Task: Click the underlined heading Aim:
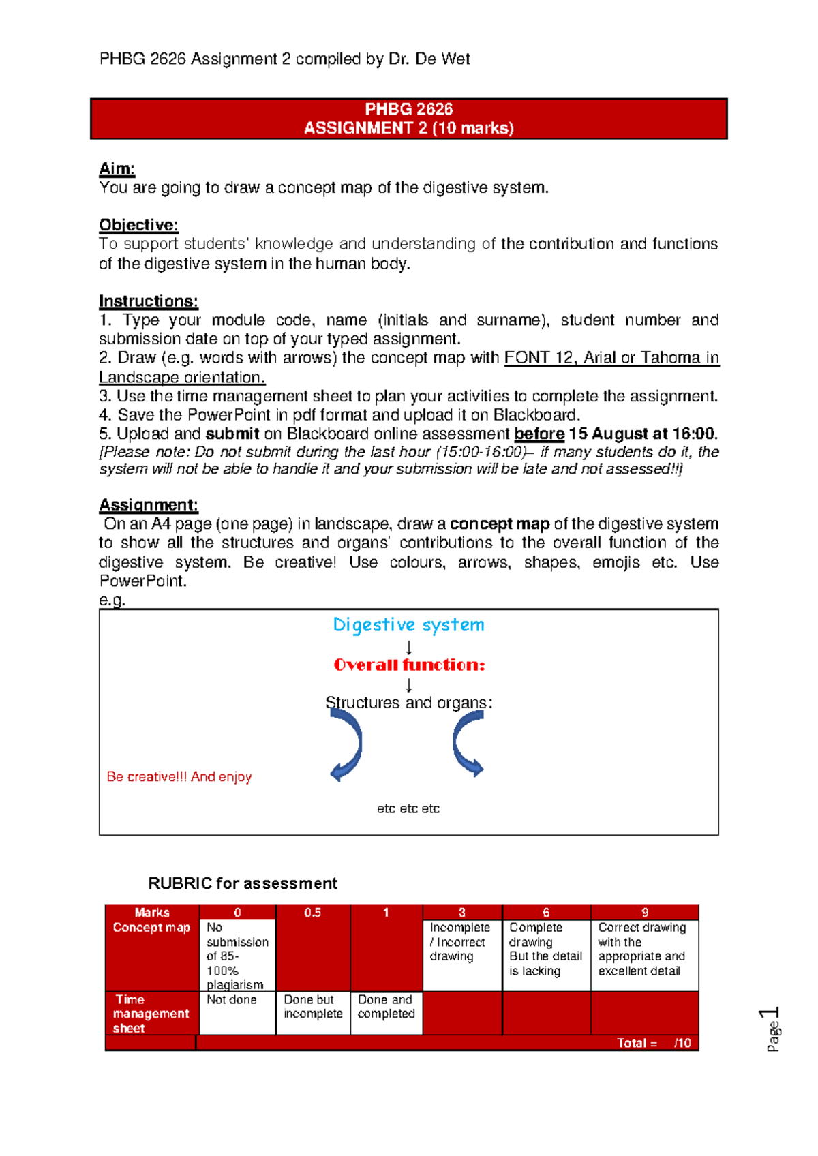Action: pyautogui.click(x=117, y=168)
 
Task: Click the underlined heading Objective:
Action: pyautogui.click(x=138, y=225)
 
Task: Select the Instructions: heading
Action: pyautogui.click(x=148, y=301)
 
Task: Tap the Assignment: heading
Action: pyautogui.click(x=148, y=504)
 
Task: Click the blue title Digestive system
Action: pyautogui.click(x=408, y=624)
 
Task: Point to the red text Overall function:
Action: pyautogui.click(x=409, y=665)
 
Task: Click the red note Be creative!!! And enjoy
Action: pyautogui.click(x=179, y=776)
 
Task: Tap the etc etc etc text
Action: pyautogui.click(x=408, y=808)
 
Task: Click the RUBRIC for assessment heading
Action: pyautogui.click(x=242, y=883)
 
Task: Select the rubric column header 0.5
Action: pyautogui.click(x=312, y=912)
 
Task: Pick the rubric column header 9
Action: pyautogui.click(x=644, y=912)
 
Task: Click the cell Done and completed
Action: pyautogui.click(x=386, y=1006)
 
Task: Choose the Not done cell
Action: pyautogui.click(x=232, y=999)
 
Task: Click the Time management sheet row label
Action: pyautogui.click(x=150, y=1013)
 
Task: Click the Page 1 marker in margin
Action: pyautogui.click(x=771, y=1029)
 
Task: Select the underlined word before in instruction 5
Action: pyautogui.click(x=539, y=433)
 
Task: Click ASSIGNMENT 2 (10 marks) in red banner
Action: pyautogui.click(x=408, y=128)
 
